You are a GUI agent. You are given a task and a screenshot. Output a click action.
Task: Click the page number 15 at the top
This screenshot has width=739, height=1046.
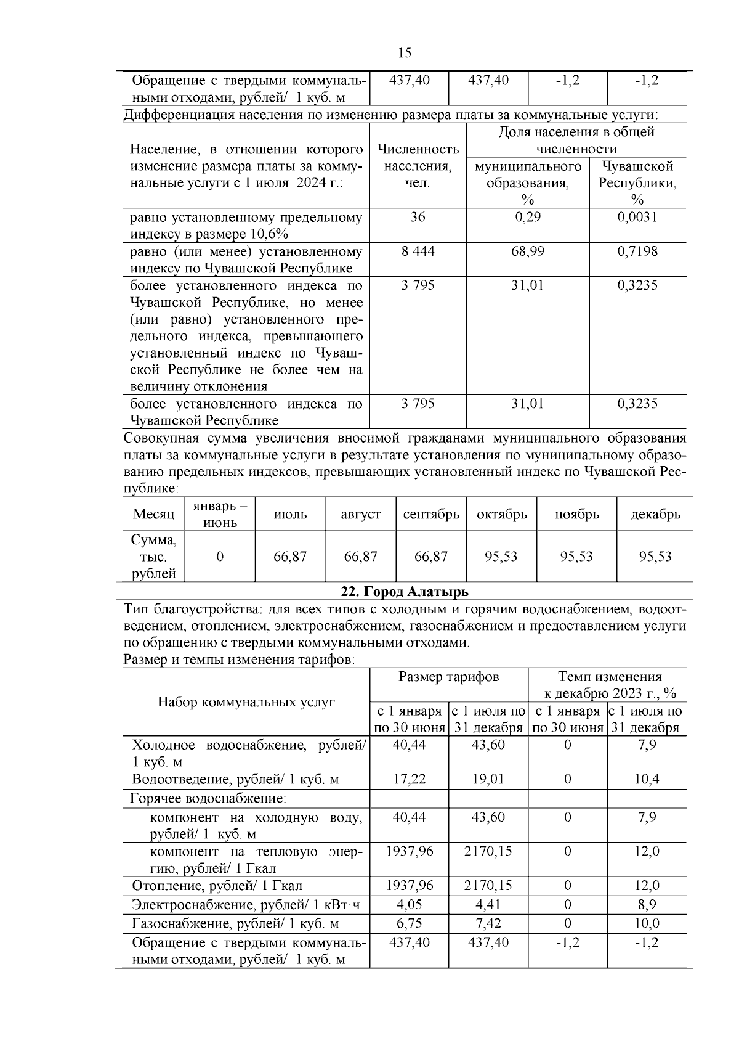pyautogui.click(x=405, y=53)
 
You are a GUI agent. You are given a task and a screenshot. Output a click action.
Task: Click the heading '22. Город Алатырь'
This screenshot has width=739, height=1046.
pyautogui.click(x=405, y=592)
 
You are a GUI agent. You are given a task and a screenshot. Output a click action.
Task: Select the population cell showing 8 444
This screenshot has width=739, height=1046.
pyautogui.click(x=418, y=251)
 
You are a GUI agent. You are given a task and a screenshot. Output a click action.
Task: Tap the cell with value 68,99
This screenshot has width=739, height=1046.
pyautogui.click(x=528, y=251)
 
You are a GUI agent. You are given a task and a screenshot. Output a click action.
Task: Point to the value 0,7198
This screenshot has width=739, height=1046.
pyautogui.click(x=637, y=251)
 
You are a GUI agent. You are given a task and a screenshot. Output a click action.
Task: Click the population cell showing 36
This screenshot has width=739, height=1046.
pyautogui.click(x=418, y=217)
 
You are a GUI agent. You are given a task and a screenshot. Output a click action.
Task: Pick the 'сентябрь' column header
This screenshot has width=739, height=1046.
pyautogui.click(x=431, y=515)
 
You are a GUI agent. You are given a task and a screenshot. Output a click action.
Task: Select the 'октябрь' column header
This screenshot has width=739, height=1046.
pyautogui.click(x=502, y=515)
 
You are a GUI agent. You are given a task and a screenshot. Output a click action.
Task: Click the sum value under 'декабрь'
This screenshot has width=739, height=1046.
pyautogui.click(x=655, y=557)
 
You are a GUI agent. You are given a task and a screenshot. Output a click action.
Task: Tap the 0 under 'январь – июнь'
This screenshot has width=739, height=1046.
pyautogui.click(x=220, y=557)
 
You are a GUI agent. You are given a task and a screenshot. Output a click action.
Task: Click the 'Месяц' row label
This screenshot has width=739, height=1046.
pyautogui.click(x=154, y=515)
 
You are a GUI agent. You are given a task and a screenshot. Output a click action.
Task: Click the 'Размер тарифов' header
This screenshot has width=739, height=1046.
pyautogui.click(x=449, y=677)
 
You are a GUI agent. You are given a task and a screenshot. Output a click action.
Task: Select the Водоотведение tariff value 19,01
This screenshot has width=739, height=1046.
pyautogui.click(x=488, y=779)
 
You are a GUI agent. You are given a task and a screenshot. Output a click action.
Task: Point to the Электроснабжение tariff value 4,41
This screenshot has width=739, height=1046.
pyautogui.click(x=488, y=905)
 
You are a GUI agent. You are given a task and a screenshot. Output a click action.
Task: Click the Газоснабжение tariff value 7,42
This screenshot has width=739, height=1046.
pyautogui.click(x=488, y=923)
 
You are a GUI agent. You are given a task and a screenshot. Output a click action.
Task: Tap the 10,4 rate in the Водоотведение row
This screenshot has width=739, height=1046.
pyautogui.click(x=647, y=779)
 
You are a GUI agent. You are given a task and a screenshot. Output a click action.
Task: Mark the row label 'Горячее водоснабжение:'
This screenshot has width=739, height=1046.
pyautogui.click(x=208, y=799)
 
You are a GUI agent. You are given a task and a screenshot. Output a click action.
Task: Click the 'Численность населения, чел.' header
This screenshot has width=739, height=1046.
pyautogui.click(x=418, y=166)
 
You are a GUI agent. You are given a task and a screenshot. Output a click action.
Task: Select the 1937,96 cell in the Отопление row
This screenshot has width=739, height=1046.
pyautogui.click(x=410, y=886)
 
